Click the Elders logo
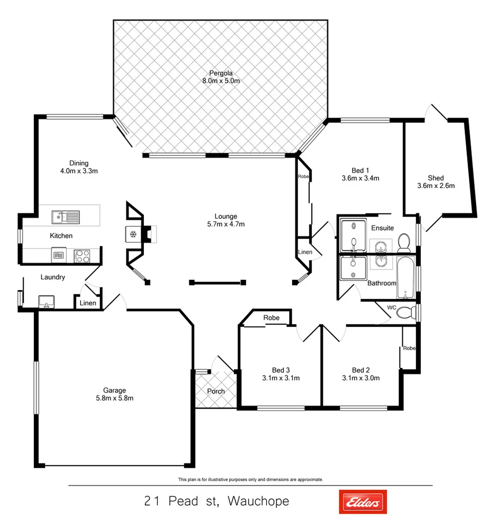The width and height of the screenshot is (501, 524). (x=363, y=502)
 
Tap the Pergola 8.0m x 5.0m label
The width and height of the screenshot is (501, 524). (x=221, y=81)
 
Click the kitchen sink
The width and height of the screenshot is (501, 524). (x=65, y=217)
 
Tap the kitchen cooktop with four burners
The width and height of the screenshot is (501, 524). (x=81, y=255)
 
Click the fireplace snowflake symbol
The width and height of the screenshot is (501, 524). (x=133, y=234)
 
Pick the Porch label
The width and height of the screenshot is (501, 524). (x=216, y=391)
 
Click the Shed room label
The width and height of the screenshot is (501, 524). (x=435, y=178)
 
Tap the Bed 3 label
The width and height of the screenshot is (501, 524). (x=281, y=370)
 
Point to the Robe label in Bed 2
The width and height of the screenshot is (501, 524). (x=409, y=348)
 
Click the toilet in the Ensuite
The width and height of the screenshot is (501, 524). (x=405, y=241)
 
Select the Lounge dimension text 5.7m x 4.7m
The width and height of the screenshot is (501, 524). (x=226, y=224)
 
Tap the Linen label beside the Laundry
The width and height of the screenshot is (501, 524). (x=88, y=303)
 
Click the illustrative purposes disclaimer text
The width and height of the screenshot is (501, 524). (x=250, y=479)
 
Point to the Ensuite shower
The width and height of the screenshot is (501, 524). (x=353, y=234)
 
